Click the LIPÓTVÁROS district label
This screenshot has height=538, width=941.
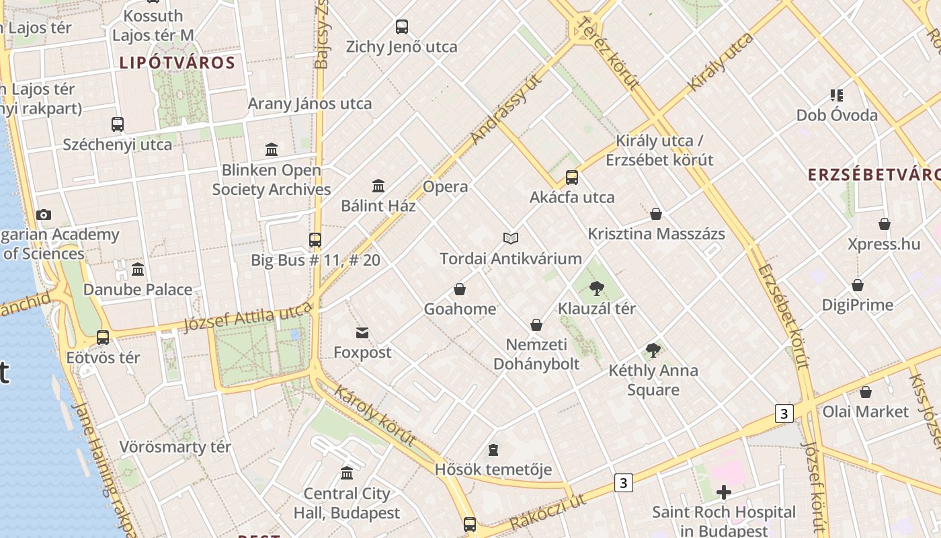[177, 63]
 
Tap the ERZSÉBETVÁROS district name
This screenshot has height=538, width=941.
[874, 175]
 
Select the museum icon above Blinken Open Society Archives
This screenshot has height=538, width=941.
[272, 149]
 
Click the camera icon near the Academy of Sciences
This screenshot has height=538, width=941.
[44, 215]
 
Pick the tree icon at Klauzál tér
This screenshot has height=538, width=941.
[596, 289]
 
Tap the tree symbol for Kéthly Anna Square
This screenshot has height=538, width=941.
[653, 350]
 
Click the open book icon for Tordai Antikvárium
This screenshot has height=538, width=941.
[511, 239]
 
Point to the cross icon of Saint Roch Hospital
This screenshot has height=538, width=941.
[723, 493]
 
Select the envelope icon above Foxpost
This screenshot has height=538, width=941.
[362, 333]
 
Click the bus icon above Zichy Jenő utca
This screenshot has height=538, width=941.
[401, 27]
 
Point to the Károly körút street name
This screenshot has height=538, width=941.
[374, 416]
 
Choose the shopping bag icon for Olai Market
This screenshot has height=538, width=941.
[866, 392]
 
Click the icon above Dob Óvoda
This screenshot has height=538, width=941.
[836, 95]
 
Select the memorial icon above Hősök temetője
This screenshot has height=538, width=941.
[493, 450]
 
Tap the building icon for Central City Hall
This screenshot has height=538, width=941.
[347, 473]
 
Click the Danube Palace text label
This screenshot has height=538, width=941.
[138, 290]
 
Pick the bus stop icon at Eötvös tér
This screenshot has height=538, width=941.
[103, 338]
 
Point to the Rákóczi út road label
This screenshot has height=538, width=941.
[547, 512]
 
